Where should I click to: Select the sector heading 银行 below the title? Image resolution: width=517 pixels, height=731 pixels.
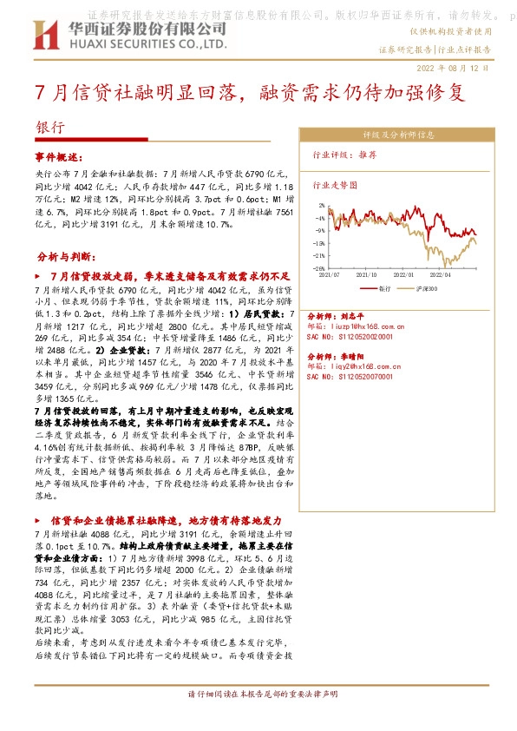49,126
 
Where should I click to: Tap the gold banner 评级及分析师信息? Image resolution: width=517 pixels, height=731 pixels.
398,135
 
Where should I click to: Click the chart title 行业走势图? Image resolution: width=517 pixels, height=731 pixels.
334,185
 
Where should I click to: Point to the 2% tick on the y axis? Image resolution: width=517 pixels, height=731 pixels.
322,206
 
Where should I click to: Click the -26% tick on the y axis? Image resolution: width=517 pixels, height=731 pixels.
320,268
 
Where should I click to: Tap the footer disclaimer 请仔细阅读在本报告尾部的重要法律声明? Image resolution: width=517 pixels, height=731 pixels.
258,720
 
